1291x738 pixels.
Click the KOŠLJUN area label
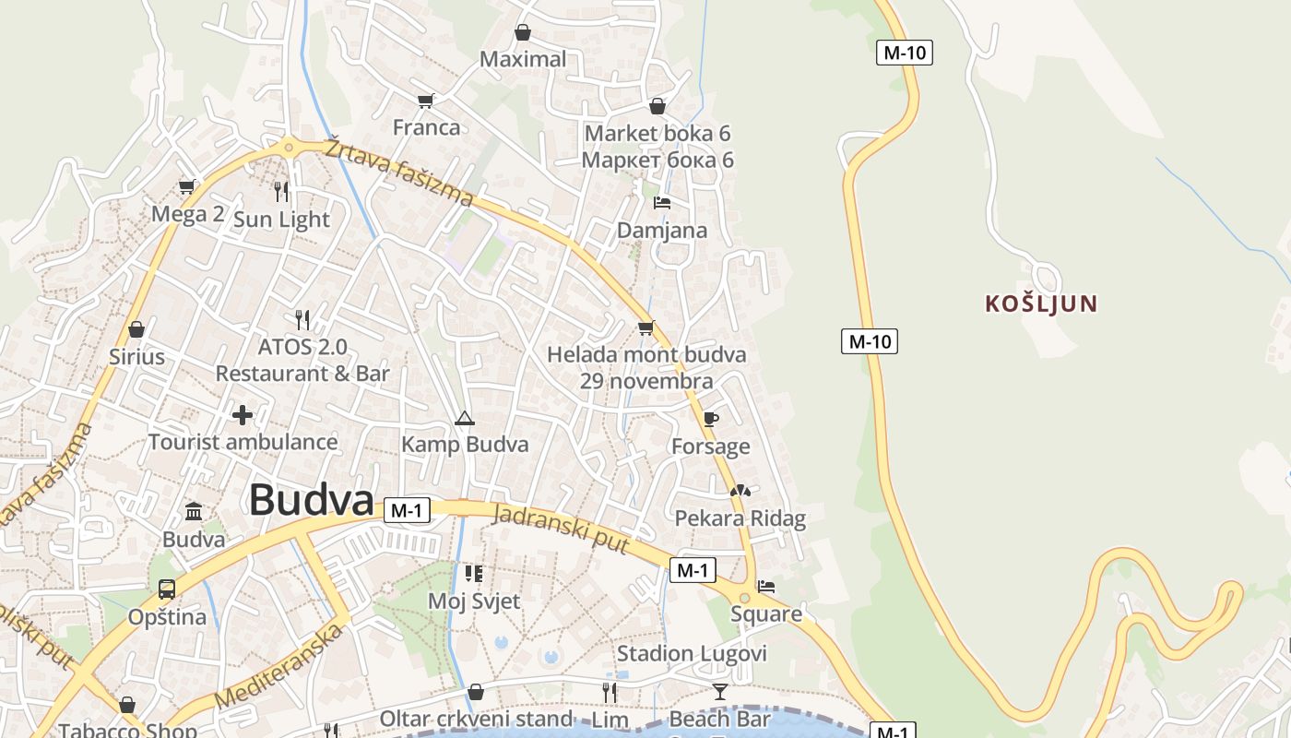(1041, 304)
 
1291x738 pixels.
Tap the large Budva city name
(311, 501)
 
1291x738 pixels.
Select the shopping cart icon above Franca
(425, 101)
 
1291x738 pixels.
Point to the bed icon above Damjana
(661, 202)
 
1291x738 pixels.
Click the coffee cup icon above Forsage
(710, 419)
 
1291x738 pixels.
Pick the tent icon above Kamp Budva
(464, 418)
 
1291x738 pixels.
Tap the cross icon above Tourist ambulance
(243, 415)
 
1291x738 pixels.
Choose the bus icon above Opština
(167, 589)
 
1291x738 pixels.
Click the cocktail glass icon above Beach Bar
(720, 691)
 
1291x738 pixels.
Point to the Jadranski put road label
(561, 529)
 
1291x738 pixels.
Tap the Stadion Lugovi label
(692, 654)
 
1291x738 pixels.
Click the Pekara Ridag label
(740, 518)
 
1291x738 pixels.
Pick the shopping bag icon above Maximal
(523, 33)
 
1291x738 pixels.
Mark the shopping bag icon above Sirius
(136, 329)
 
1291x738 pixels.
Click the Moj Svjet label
(474, 601)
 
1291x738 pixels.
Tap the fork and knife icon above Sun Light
(281, 191)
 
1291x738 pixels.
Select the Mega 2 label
(188, 215)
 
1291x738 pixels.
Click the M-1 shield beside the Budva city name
(407, 510)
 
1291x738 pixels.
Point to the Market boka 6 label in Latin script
(657, 134)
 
